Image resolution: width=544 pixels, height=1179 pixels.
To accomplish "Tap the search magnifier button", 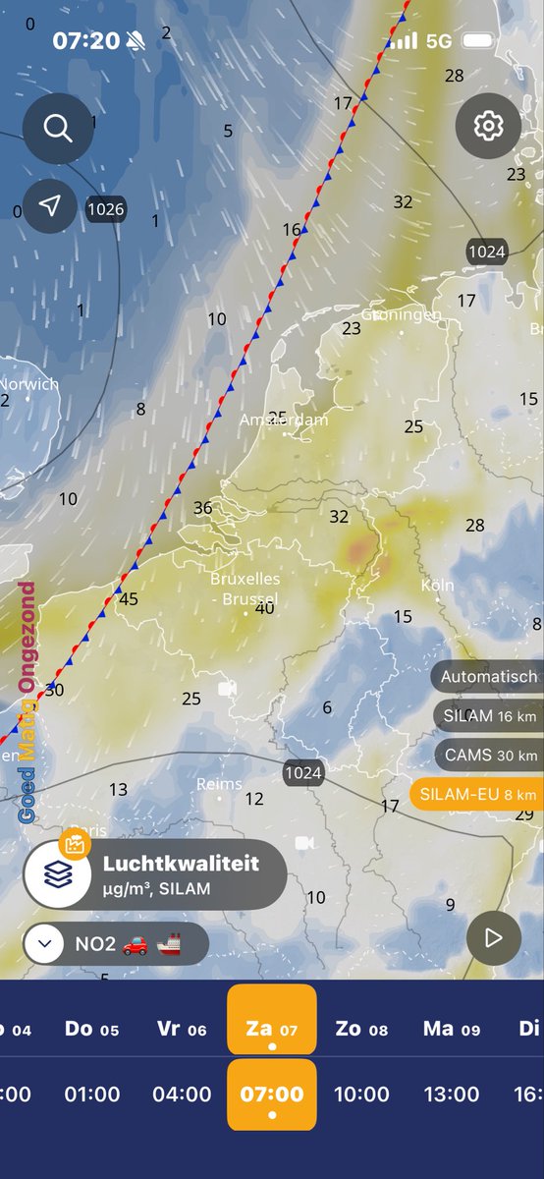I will tap(58, 129).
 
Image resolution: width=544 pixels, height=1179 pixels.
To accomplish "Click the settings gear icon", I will tap(488, 127).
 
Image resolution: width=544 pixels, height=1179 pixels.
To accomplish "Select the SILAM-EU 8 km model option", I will tap(477, 794).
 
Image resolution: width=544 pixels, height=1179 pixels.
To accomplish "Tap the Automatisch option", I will tap(488, 676).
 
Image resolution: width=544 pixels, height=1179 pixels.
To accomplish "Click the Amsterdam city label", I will tap(284, 420).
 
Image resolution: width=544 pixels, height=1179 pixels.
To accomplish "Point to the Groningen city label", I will tap(401, 314).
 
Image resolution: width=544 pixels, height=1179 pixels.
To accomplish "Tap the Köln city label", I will tap(437, 586).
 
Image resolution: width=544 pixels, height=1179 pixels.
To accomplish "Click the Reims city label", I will tap(219, 784).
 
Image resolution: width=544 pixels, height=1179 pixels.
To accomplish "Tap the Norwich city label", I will tap(28, 384).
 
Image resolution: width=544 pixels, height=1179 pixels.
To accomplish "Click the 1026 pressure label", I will tap(105, 208).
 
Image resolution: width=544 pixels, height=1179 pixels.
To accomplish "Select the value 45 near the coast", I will tap(128, 599).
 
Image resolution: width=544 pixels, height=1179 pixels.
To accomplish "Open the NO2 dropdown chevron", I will tap(43, 945).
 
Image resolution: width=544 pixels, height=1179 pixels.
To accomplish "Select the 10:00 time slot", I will tap(362, 1094).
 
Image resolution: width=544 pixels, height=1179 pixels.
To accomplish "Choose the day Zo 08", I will tap(361, 1029).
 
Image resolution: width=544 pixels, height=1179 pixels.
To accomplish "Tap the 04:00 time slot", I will tap(183, 1094).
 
